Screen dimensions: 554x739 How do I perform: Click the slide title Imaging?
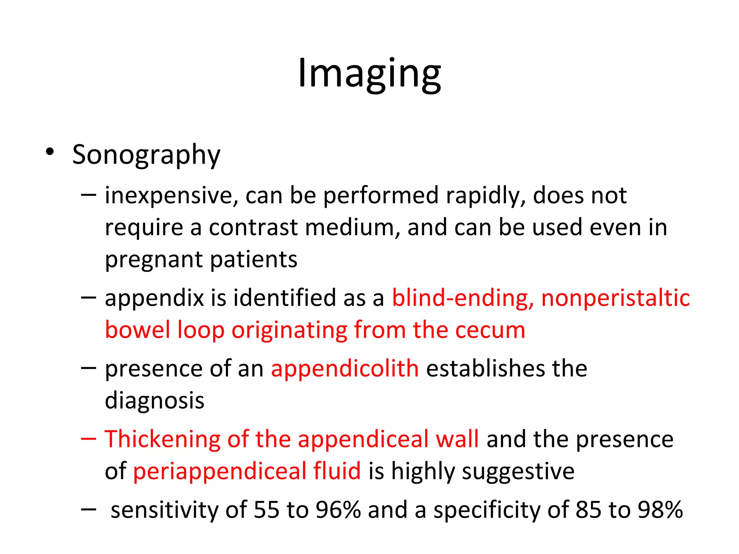coord(369,74)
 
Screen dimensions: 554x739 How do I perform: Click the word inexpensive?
coord(171,196)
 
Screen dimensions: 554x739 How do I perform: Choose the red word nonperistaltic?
coord(615,298)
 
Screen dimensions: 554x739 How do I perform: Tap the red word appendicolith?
coord(345,369)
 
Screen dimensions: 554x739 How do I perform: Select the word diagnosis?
coord(154,401)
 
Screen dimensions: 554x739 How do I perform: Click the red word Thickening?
coord(162,439)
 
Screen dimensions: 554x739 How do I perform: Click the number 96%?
coord(338,510)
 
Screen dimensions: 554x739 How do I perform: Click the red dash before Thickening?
coord(88,439)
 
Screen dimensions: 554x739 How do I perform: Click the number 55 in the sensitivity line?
coord(266,510)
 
